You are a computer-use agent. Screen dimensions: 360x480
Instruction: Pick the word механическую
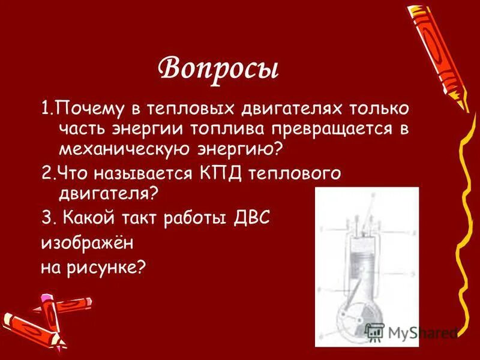point(124,148)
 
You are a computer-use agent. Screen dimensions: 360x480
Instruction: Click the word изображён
point(86,243)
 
